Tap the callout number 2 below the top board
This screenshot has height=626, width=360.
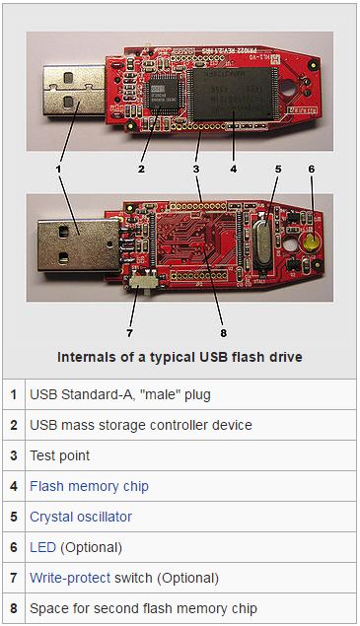(x=142, y=170)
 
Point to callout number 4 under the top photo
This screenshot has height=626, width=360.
(x=233, y=170)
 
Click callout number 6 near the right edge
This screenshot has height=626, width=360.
(x=312, y=170)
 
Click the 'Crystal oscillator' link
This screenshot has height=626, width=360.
(x=80, y=517)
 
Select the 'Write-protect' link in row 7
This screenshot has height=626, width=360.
(x=69, y=578)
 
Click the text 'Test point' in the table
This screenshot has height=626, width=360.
(x=59, y=455)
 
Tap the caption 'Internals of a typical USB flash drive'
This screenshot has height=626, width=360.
(x=180, y=356)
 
